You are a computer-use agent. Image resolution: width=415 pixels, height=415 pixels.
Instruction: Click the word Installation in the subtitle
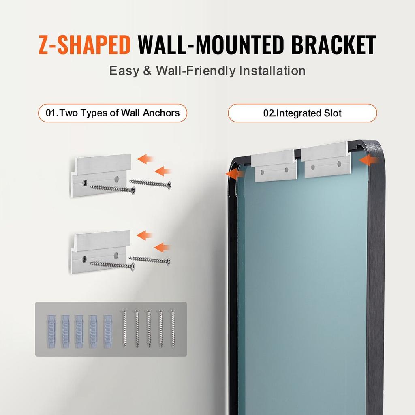click(272, 71)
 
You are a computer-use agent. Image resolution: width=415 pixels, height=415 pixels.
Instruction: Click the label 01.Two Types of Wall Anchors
click(113, 113)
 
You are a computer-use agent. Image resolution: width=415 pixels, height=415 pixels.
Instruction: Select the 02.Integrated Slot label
click(302, 113)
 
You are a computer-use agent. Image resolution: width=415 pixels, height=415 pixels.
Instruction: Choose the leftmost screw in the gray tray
click(125, 328)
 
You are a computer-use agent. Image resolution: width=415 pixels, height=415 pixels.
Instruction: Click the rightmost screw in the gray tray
click(173, 328)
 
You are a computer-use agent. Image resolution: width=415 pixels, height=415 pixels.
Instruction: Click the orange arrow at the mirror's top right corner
click(368, 160)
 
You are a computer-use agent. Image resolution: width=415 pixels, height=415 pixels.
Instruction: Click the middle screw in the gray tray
click(149, 328)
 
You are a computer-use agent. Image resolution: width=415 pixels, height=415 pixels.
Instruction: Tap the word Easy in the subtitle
click(124, 71)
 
